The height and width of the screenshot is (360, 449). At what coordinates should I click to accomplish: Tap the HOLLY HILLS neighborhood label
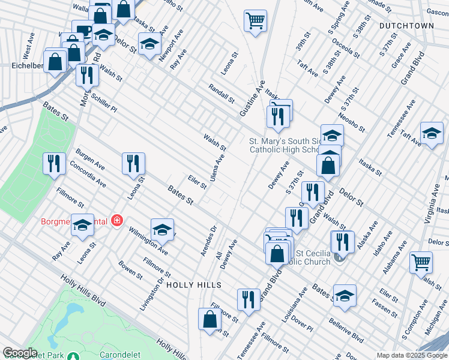coord(194,284)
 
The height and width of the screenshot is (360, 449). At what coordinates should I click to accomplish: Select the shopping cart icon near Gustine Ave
coord(255,21)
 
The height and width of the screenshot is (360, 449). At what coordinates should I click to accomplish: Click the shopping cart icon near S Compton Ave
coord(421,262)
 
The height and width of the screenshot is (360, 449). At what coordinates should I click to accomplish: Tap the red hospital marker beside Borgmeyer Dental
coord(116,221)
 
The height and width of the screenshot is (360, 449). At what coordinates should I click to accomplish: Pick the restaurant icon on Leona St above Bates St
coord(133,163)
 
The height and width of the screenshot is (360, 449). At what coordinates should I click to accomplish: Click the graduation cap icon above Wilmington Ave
coord(161,229)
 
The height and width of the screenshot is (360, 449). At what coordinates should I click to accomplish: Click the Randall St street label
coord(220,93)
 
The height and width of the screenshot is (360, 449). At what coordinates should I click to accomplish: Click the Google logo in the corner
coord(19,353)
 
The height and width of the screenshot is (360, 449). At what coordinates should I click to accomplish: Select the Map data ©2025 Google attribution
coord(412,355)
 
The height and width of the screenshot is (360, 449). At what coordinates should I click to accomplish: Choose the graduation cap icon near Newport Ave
coord(149,43)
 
